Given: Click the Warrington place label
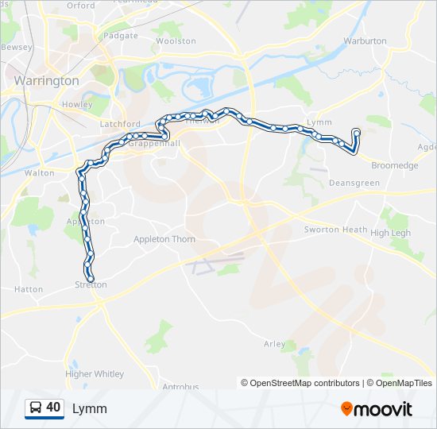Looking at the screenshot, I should pos(47,81).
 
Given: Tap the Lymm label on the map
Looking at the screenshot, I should pos(319,122).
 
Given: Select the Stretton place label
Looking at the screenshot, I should pos(91,284).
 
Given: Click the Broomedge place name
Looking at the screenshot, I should pos(394,165).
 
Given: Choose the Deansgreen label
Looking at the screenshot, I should pos(354,183).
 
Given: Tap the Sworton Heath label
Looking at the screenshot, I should pos(335,230).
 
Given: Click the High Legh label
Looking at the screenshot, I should pos(391,233).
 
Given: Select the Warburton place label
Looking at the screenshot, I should pos(365,41).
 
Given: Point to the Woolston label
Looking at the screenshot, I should pos(176,41).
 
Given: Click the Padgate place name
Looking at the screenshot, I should pos(120,36).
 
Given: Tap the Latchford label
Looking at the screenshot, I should pos(120,125).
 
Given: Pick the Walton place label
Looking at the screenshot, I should pos(40,172).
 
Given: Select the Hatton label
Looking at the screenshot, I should pos(29,290).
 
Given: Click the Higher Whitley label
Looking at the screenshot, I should pos(95,373).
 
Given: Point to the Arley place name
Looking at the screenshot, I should pos(274,344).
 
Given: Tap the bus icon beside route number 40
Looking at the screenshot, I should pos(36,408).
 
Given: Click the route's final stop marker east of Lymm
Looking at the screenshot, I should pos(356,133).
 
